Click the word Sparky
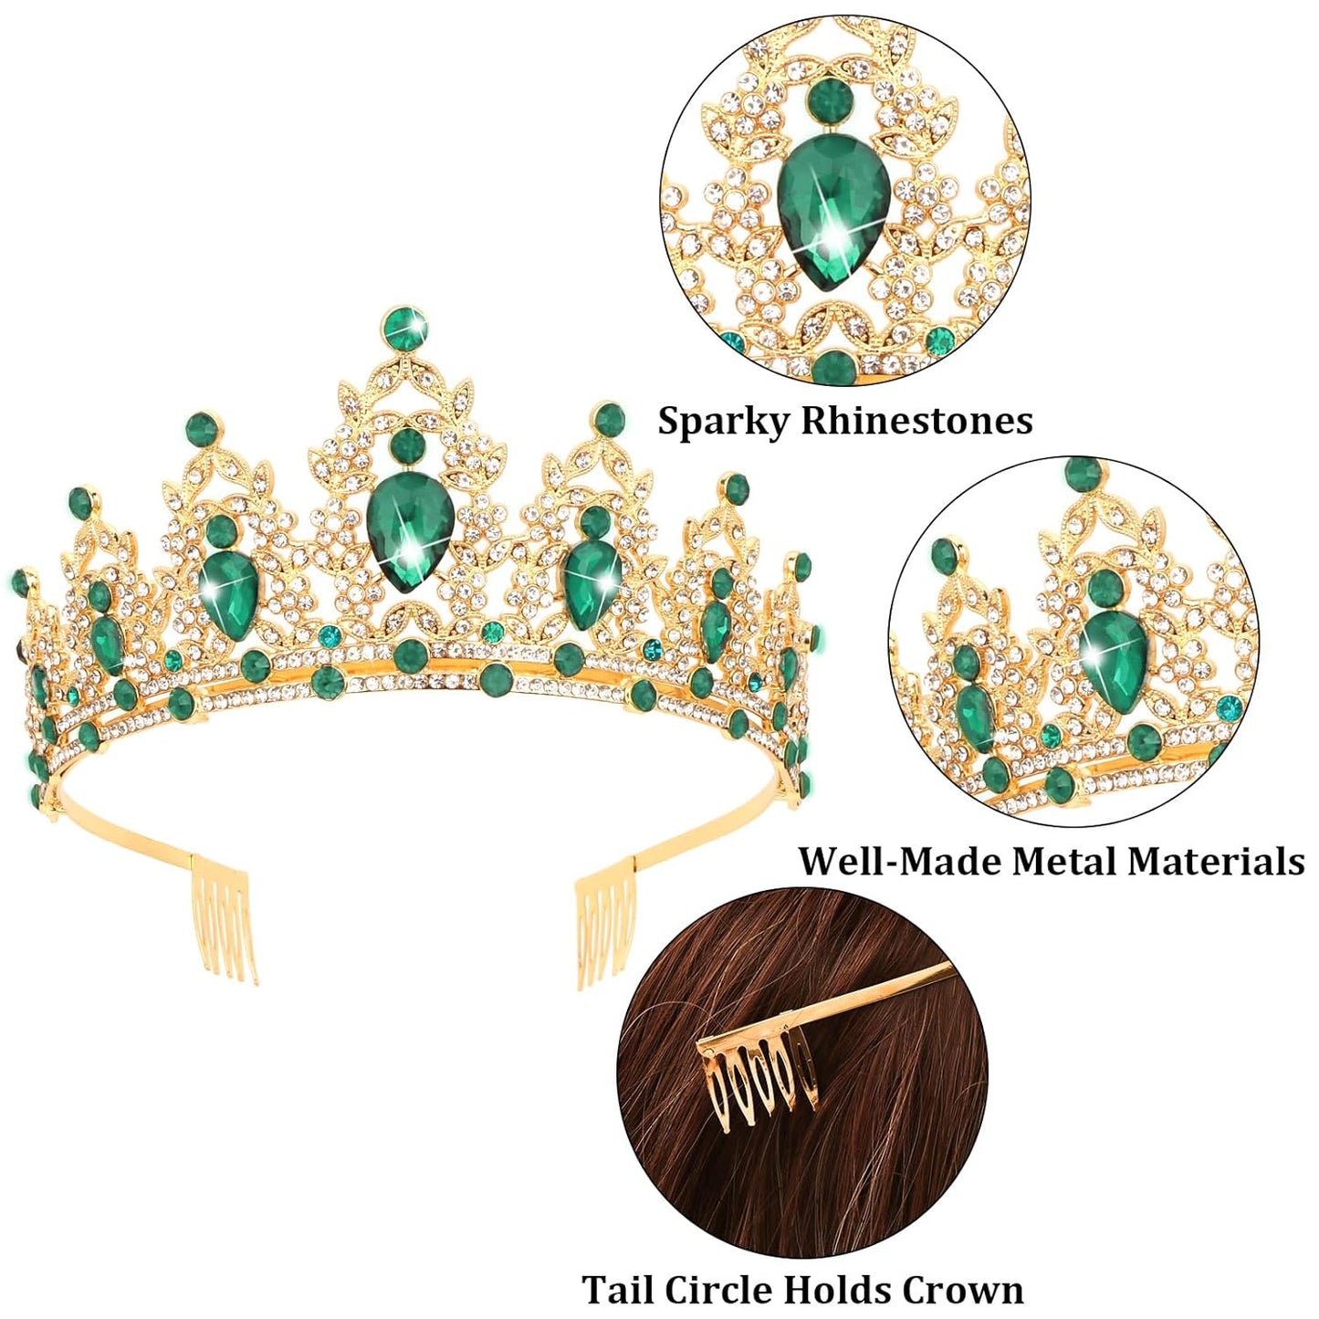pos(724,423)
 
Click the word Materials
pos(1224,862)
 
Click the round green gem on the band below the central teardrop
pos(412,655)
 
